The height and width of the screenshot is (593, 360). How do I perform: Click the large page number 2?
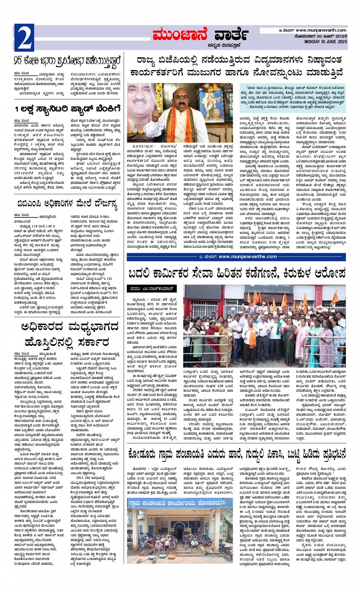pos(24,37)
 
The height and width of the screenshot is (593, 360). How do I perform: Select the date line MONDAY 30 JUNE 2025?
pos(326,41)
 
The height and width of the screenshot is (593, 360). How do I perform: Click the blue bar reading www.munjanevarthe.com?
pos(236,257)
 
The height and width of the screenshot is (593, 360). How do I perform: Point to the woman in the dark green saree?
pos(288,339)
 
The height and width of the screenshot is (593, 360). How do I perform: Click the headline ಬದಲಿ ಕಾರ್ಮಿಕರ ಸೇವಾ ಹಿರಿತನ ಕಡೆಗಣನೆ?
pos(236,273)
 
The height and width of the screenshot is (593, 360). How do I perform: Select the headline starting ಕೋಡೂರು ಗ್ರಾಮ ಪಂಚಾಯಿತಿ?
pos(236,454)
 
